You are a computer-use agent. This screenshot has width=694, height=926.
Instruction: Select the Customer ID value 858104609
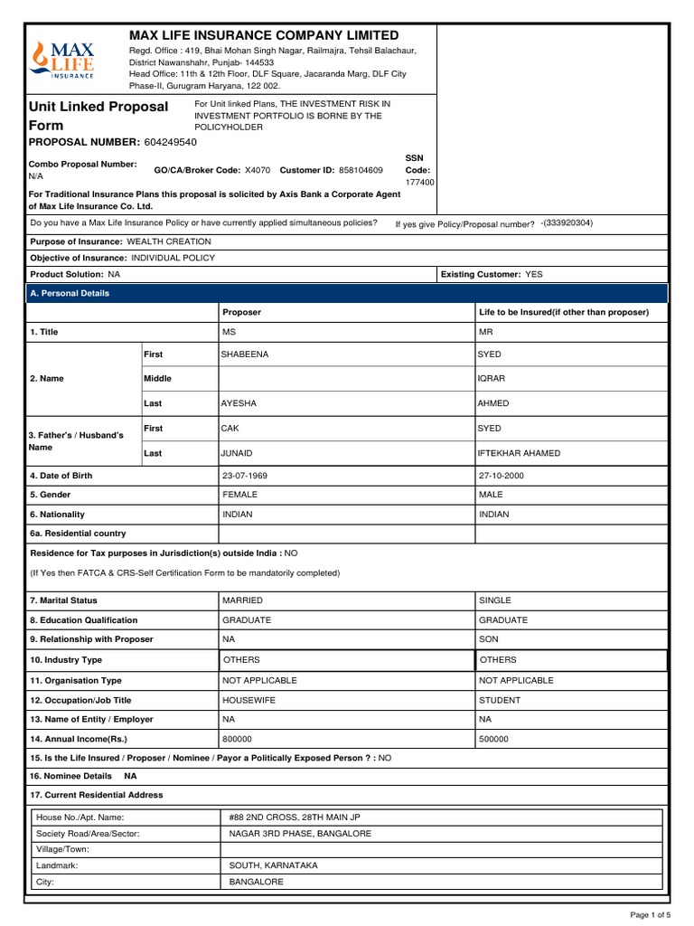pyautogui.click(x=361, y=170)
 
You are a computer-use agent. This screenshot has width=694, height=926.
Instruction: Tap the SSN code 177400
pyautogui.click(x=420, y=182)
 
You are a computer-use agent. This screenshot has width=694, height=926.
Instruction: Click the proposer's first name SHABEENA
pyautogui.click(x=245, y=354)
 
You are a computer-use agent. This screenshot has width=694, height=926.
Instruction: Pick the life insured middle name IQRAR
pyautogui.click(x=492, y=379)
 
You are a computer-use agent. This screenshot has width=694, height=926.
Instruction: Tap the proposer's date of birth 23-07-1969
pyautogui.click(x=245, y=476)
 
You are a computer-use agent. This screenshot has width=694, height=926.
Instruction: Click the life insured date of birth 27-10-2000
pyautogui.click(x=502, y=476)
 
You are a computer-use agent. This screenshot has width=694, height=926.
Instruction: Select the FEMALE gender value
pyautogui.click(x=240, y=496)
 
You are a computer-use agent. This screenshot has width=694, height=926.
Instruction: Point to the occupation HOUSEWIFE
pyautogui.click(x=249, y=700)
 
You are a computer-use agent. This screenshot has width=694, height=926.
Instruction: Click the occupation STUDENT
pyautogui.click(x=500, y=700)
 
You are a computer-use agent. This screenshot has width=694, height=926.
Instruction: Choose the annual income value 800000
pyautogui.click(x=239, y=739)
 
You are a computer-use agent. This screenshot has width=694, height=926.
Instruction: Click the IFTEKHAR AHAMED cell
pyautogui.click(x=519, y=453)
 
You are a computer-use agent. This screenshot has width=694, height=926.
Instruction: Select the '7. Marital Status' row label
pyautogui.click(x=64, y=600)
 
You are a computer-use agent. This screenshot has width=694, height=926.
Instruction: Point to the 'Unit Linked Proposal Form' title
pyautogui.click(x=99, y=117)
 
